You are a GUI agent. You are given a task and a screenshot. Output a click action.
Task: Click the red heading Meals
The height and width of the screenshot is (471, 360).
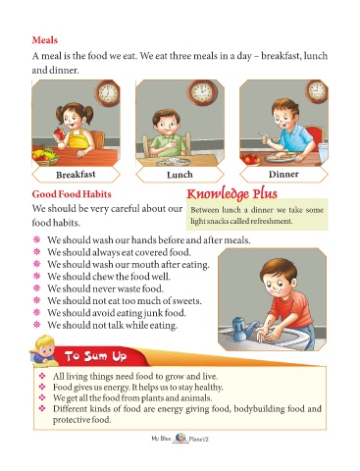coord(45,40)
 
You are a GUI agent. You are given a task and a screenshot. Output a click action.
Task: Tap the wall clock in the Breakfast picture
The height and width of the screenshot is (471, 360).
coord(107,93)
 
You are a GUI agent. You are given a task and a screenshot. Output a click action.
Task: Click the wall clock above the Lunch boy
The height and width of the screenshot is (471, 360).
coord(202,92)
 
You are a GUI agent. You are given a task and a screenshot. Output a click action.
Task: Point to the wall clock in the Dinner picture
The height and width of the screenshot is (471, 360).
coord(317,90)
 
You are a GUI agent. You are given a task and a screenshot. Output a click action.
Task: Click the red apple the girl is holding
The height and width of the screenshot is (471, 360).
coord(60,133)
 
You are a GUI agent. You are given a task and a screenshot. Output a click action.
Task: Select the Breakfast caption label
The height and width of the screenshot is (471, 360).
coord(76,175)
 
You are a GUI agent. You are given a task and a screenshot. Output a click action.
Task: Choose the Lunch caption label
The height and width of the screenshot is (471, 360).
coord(180,175)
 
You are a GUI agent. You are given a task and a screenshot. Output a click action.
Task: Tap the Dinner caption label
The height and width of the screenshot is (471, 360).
coord(283,175)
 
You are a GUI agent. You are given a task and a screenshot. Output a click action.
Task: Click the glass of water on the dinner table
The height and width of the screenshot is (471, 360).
coord(323,153)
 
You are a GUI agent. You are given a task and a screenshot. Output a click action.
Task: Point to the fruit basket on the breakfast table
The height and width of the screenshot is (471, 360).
coord(45,157)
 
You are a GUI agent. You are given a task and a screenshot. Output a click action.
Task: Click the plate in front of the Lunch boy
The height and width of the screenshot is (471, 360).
coord(174,162)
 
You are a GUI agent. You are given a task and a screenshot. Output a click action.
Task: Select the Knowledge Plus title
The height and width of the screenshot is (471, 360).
coord(231,193)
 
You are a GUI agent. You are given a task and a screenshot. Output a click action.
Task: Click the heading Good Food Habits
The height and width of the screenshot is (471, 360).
coord(72,194)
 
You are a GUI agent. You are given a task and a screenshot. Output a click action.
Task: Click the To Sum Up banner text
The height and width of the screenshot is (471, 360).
coord(95,356)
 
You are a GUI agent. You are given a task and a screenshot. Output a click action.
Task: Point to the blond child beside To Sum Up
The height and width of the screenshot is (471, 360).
coord(42,350)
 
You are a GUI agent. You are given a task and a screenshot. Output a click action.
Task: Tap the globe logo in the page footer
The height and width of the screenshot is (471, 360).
coord(180,438)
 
